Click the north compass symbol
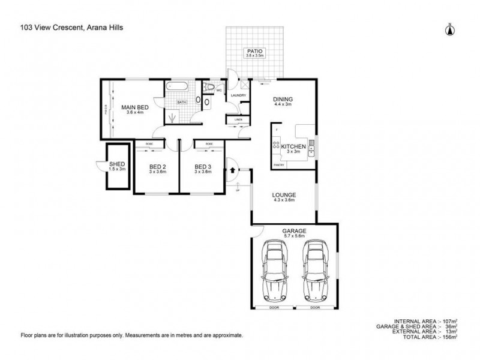coord(448,28)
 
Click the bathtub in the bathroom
coord(176,88)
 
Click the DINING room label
coord(281,100)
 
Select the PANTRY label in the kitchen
coord(278,163)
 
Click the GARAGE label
coord(294,231)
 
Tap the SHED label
coord(116,164)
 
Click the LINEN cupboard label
coord(238,119)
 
